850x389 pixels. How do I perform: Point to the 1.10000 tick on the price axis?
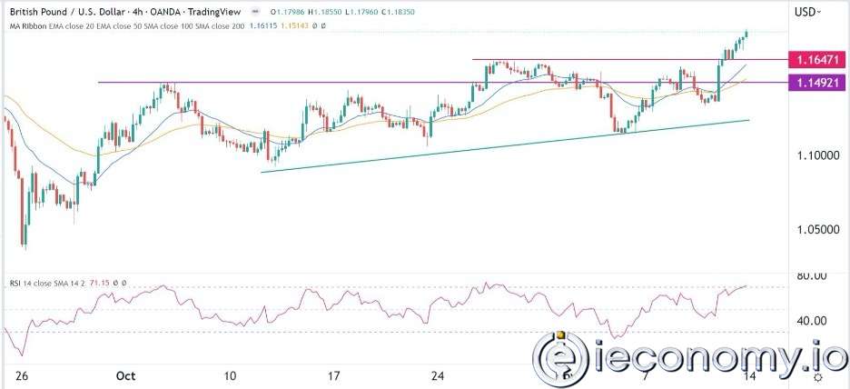tap(812, 156)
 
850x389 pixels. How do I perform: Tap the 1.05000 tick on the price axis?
tap(812, 231)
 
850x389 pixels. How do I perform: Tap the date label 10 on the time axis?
tap(230, 375)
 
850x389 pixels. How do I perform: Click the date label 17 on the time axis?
tap(333, 375)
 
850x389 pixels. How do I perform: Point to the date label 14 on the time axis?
tap(746, 375)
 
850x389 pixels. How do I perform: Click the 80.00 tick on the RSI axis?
tap(812, 276)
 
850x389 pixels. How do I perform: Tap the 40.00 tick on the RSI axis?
tap(812, 321)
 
